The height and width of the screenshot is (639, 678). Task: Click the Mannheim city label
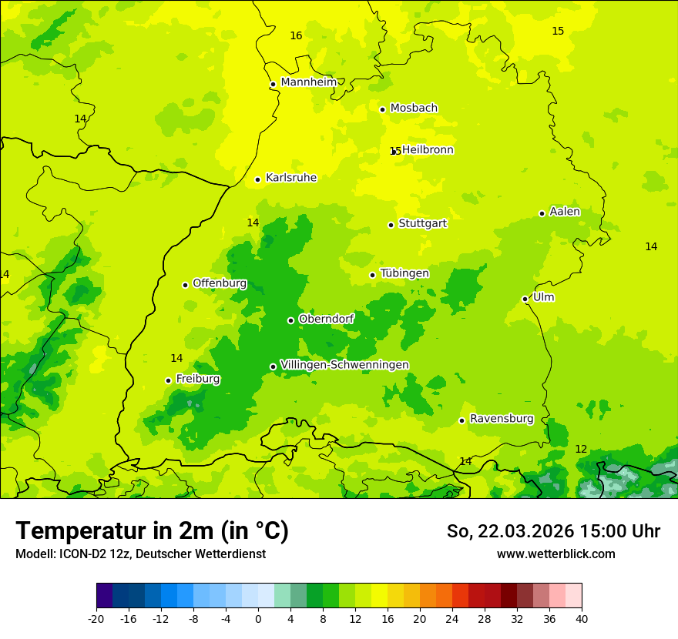click(x=308, y=82)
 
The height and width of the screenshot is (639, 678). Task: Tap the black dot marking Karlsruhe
click(x=258, y=180)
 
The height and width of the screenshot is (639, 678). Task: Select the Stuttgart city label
click(x=422, y=224)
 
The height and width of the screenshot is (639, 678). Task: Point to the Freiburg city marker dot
click(x=169, y=380)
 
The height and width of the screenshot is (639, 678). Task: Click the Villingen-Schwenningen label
click(x=344, y=365)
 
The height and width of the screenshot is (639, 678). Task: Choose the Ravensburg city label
click(x=502, y=419)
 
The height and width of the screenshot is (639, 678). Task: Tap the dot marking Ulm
click(x=525, y=299)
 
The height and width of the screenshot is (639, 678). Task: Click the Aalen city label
click(x=565, y=212)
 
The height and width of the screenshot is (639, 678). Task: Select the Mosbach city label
click(x=414, y=109)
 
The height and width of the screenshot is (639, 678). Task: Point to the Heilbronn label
click(x=428, y=150)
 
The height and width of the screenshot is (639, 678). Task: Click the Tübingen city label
click(x=404, y=273)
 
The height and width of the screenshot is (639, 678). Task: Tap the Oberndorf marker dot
click(x=291, y=320)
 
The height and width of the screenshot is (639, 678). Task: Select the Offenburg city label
click(x=220, y=283)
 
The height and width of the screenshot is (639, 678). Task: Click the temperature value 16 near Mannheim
click(x=296, y=36)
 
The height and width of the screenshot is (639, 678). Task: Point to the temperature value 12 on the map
click(x=581, y=449)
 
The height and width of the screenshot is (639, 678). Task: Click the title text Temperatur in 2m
click(x=153, y=531)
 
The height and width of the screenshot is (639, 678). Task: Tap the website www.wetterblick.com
click(x=555, y=554)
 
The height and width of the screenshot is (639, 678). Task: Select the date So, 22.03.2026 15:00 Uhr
click(x=553, y=531)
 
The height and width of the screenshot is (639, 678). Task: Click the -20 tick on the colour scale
click(x=96, y=619)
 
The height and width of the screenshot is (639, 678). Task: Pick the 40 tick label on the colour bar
click(x=582, y=619)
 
